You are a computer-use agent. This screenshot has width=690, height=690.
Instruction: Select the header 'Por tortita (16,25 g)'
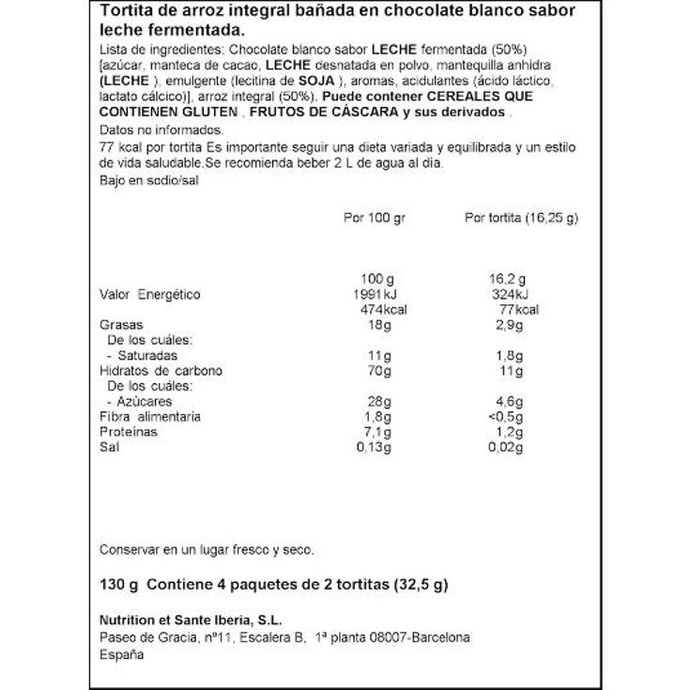(x=521, y=218)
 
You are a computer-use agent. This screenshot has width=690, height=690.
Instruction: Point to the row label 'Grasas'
(x=119, y=325)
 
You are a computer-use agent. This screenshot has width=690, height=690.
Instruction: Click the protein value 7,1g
(x=376, y=432)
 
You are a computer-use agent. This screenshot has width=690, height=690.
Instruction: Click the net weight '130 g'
(x=118, y=584)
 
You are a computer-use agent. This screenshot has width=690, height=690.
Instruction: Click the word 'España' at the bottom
(x=121, y=654)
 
